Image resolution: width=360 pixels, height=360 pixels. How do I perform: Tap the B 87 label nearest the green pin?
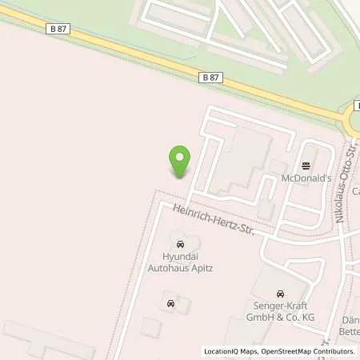tap(210, 77)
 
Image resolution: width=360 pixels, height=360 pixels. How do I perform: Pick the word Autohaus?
tap(166, 270)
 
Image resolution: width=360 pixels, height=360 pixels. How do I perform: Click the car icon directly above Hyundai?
tap(179, 242)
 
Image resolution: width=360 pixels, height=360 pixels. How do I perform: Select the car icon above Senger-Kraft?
tap(279, 294)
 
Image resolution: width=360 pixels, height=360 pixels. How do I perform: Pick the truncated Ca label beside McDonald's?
tap(354, 191)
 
